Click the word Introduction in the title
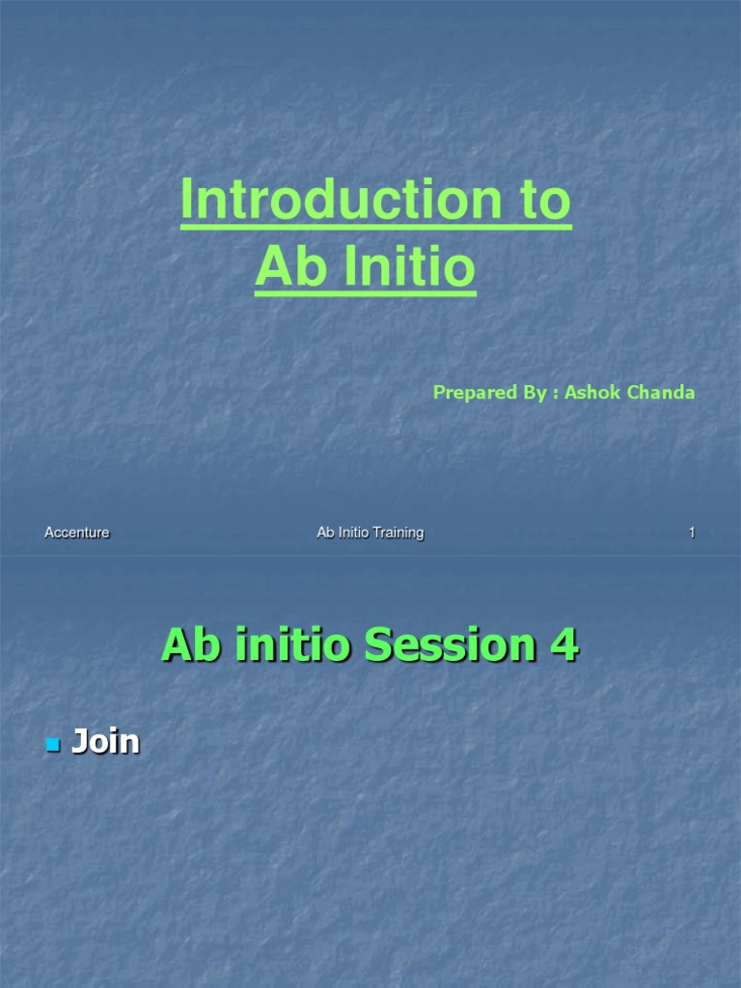click(333, 201)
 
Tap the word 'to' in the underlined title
click(536, 201)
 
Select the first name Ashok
click(591, 393)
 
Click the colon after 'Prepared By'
click(554, 394)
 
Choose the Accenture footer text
click(77, 533)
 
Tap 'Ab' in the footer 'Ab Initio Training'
click(325, 533)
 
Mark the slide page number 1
click(692, 533)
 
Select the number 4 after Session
click(563, 645)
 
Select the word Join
click(106, 742)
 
